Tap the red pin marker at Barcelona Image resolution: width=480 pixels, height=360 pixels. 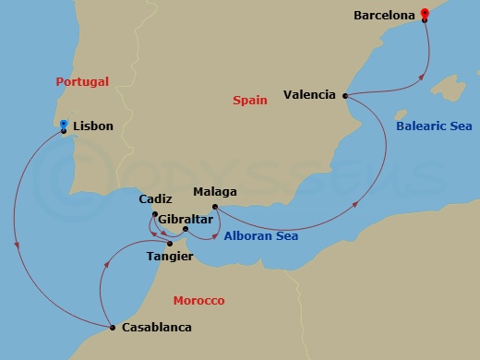tap(424, 13)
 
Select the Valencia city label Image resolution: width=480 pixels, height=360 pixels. tap(310, 94)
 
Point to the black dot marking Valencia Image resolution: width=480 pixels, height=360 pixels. tap(345, 95)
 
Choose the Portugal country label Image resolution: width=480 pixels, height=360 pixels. tap(81, 82)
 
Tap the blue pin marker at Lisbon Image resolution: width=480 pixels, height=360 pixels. tap(63, 124)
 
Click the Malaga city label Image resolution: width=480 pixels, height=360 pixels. tap(215, 192)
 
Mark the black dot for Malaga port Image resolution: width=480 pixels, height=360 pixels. tap(214, 207)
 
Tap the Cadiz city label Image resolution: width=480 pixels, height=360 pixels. tap(154, 199)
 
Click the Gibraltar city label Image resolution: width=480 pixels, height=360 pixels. tap(182, 219)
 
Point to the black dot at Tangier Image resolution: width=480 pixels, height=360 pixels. tap(170, 244)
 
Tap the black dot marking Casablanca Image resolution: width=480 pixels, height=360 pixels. tap(112, 328)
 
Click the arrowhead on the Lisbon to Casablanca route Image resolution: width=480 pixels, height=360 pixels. tap(18, 245)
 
